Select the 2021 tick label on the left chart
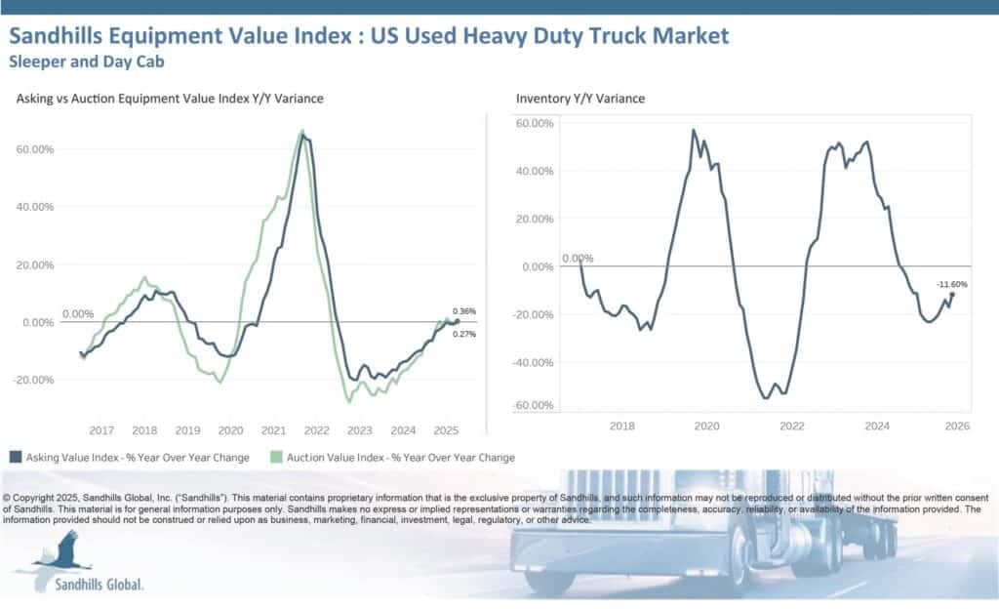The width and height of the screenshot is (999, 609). (273, 429)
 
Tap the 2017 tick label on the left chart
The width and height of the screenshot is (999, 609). (101, 429)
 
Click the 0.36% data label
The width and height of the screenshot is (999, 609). (464, 311)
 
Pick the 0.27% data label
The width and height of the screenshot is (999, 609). (464, 334)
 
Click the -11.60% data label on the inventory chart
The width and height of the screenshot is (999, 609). (951, 284)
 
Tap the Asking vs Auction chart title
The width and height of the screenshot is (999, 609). (170, 99)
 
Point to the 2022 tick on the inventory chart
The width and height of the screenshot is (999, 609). (791, 426)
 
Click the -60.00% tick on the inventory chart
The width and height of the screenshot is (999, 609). (534, 405)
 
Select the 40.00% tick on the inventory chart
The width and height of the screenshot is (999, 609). (534, 171)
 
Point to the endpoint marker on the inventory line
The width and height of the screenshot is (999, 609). (952, 294)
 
